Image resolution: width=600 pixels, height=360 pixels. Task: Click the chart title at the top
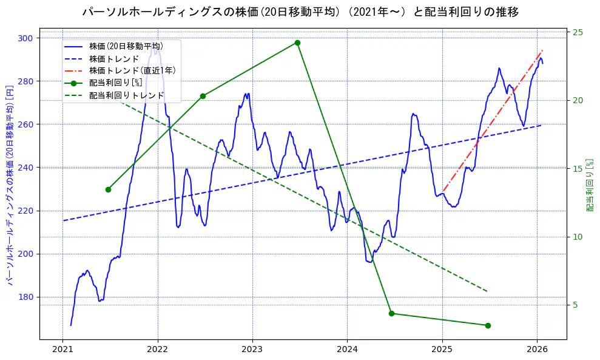(x=300, y=12)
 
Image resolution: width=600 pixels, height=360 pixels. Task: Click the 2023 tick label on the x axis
(x=252, y=349)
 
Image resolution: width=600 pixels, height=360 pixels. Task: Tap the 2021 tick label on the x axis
(x=62, y=349)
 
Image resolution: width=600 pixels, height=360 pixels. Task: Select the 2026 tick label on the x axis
(x=537, y=349)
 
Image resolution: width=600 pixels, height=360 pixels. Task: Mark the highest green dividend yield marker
(x=297, y=42)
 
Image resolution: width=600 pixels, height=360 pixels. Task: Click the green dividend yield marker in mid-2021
(x=108, y=189)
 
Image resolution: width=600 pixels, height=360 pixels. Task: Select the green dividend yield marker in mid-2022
(x=203, y=96)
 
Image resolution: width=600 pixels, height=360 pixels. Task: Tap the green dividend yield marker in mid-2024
(x=391, y=313)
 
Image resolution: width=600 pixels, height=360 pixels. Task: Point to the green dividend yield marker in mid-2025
(x=488, y=325)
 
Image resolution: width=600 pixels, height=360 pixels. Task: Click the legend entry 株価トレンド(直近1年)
(x=132, y=70)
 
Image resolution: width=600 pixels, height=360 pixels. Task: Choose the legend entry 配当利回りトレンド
(x=127, y=95)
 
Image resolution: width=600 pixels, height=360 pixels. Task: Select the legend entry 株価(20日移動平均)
(x=126, y=46)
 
